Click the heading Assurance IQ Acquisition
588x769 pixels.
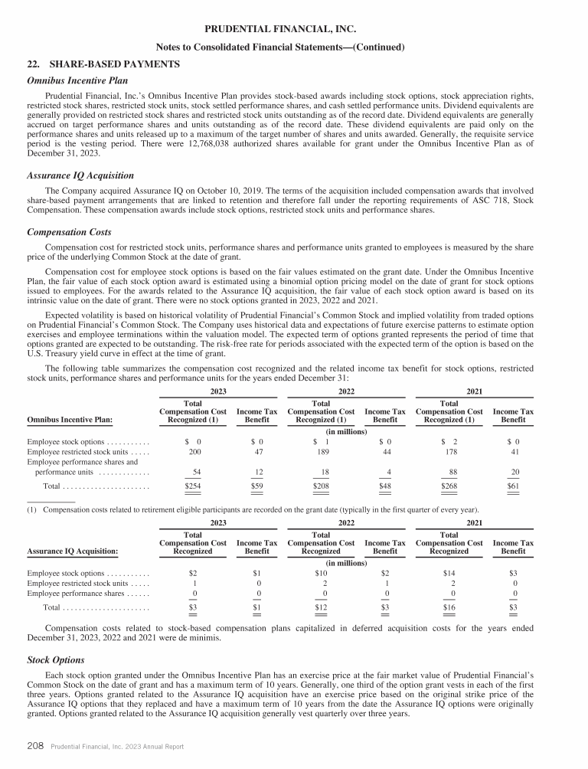point(80,175)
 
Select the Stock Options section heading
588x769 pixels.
point(55,659)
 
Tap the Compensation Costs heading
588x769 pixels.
point(69,231)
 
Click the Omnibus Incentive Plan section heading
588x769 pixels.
point(77,80)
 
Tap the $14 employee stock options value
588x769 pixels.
point(449,572)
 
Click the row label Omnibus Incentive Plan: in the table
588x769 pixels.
point(70,419)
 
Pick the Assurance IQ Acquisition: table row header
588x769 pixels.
point(73,550)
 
